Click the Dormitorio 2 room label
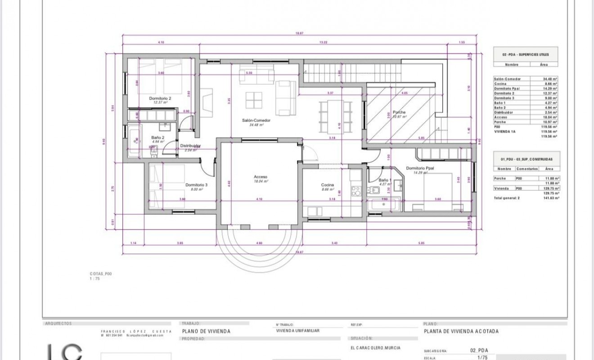[x=160, y=98]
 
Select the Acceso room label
[x=261, y=177]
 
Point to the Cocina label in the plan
[x=327, y=185]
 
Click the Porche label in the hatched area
[x=399, y=112]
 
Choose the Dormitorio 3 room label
[x=196, y=184]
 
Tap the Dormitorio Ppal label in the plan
[x=420, y=168]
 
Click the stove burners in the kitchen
[x=355, y=191]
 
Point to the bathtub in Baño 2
[x=134, y=141]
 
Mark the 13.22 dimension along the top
[x=323, y=42]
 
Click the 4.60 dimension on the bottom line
[x=259, y=243]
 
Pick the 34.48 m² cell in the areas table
[x=550, y=79]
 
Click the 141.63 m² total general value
[x=551, y=198]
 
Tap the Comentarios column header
[x=526, y=169]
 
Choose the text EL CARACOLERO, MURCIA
[x=375, y=348]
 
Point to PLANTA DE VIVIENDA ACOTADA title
[x=461, y=332]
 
